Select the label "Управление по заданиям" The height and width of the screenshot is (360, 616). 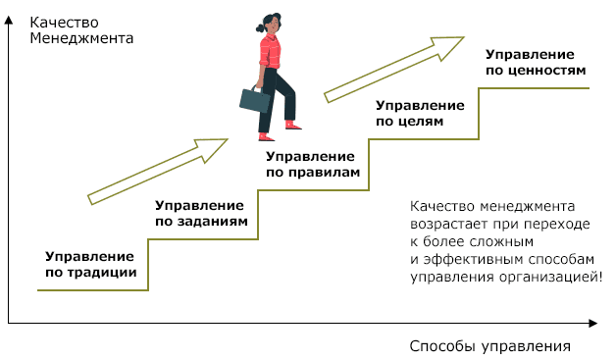(199, 213)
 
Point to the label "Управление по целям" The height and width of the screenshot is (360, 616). (420, 113)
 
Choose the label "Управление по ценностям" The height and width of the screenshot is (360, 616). (536, 62)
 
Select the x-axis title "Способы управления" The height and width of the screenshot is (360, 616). (489, 346)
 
